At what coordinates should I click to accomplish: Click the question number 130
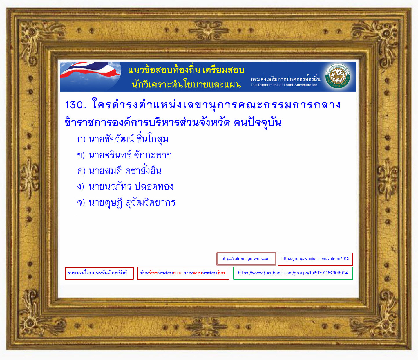[x=75, y=105]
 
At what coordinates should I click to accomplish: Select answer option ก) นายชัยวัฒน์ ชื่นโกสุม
[x=122, y=139]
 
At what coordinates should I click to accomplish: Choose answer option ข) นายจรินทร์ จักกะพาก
[x=124, y=155]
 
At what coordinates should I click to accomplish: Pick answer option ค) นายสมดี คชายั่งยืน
[x=119, y=171]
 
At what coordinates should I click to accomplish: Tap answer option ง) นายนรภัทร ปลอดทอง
[x=125, y=186]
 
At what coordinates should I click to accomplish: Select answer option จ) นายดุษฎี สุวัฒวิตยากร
[x=126, y=202]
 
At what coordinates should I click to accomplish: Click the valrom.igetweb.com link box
[x=246, y=259]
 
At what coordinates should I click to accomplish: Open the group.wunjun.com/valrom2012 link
[x=315, y=259]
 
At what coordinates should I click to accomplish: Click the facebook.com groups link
[x=293, y=273]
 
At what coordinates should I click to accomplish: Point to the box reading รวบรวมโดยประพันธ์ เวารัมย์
[x=99, y=273]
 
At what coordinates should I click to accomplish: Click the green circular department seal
[x=338, y=76]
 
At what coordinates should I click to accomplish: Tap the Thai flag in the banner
[x=90, y=70]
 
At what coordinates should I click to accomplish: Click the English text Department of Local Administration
[x=284, y=85]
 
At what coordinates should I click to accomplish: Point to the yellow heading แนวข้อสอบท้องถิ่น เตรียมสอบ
[x=186, y=70]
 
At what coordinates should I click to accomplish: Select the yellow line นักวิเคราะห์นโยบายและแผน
[x=186, y=84]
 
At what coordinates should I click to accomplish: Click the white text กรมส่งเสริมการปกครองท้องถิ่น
[x=285, y=78]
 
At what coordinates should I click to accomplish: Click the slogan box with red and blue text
[x=183, y=273]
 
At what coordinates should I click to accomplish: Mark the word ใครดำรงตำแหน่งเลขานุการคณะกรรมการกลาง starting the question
[x=216, y=105]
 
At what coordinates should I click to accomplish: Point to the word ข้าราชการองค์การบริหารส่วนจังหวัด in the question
[x=147, y=122]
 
